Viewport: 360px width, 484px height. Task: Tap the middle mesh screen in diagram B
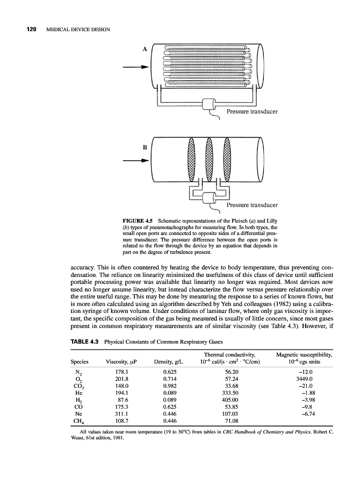click(x=210, y=160)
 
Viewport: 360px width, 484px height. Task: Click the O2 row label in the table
click(x=79, y=380)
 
